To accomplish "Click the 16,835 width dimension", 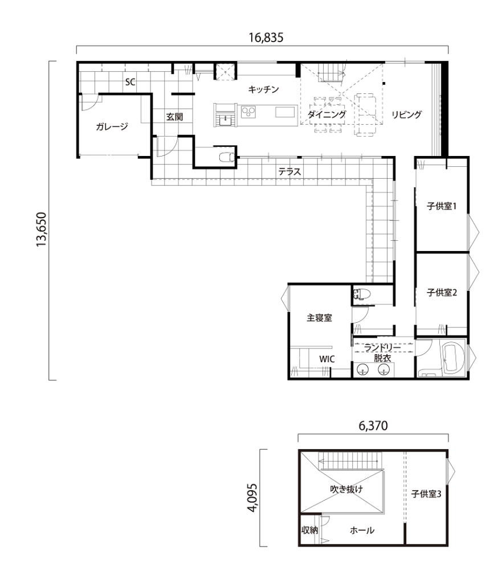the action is coord(266,38).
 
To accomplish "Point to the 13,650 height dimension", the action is coord(41,229).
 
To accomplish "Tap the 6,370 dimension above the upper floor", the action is coord(373,426).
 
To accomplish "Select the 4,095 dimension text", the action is coord(252,498).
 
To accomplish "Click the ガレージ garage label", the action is coord(112,126).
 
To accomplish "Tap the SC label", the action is coord(130,82).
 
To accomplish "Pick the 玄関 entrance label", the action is coord(174,117).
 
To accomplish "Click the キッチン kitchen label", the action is coord(263,89).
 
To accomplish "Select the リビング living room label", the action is coord(406,114).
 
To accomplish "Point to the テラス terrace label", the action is coord(289,171).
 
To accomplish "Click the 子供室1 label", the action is coord(442,206).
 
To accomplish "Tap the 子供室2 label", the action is coord(442,293).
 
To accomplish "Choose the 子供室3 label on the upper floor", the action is coord(426,494).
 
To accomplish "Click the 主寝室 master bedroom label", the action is coord(319,318).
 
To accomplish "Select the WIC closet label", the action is coord(326,359).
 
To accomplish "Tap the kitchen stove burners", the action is coord(248,112).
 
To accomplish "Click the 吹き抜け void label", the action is coord(346,489).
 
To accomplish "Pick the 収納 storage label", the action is coord(309,530).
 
